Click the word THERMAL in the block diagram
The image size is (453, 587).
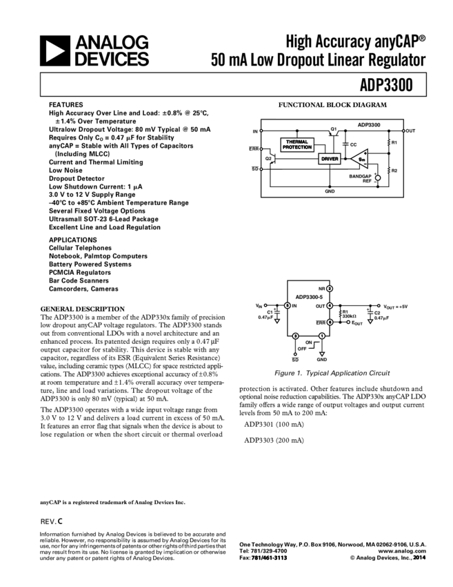point(297,142)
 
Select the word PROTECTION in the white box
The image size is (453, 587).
point(297,148)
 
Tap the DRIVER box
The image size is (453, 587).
point(330,159)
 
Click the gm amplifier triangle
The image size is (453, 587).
point(359,159)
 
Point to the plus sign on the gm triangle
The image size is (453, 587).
point(365,152)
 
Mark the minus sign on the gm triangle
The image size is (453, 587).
point(365,165)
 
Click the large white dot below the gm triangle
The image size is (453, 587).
point(378,178)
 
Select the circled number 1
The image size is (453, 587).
point(322,336)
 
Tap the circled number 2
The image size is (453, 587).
point(330,289)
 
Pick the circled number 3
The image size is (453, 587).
point(295,336)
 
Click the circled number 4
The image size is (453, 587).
point(330,305)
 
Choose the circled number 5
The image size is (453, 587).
point(287,305)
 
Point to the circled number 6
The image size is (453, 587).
point(330,322)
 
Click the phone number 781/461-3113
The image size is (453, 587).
point(269,558)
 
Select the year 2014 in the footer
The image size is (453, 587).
point(419,558)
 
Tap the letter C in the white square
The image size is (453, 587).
point(60,522)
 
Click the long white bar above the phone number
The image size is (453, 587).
point(294,433)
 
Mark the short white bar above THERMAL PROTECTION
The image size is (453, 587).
point(268,117)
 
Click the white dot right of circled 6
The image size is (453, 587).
point(348,322)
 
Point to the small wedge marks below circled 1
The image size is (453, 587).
point(314,345)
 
